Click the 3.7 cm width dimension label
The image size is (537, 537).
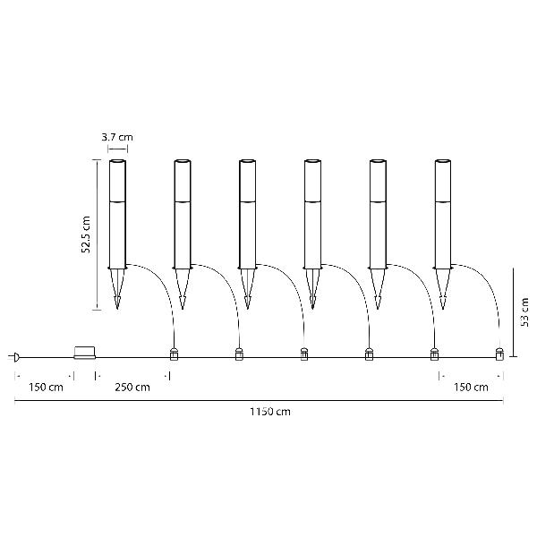pos(117,137)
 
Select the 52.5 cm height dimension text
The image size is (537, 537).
pos(86,234)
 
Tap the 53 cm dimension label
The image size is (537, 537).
pos(524,312)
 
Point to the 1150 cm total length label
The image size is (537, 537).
pos(270,412)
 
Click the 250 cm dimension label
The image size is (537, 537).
pos(132,388)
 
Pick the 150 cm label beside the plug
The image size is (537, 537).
pos(46,388)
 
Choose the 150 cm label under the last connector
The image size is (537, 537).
pos(471,388)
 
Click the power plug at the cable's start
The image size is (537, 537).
pos(16,357)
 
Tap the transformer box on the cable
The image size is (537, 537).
pos(85,353)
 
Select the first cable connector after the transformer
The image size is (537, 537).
pos(174,354)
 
